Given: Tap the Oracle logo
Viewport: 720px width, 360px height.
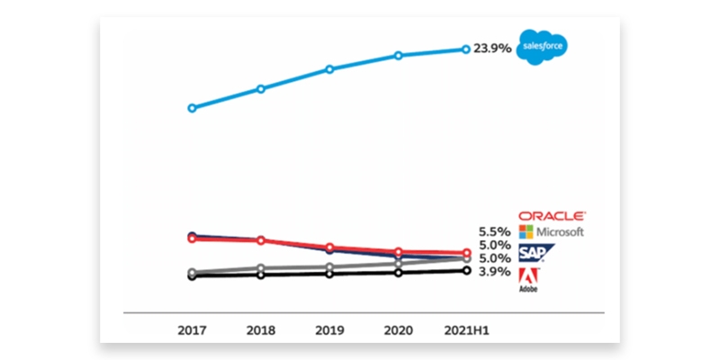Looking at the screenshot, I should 553,216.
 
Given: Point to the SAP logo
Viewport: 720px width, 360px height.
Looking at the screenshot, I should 537,253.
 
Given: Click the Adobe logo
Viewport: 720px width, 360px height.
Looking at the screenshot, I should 529,279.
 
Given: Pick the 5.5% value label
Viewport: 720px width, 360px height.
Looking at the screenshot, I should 494,231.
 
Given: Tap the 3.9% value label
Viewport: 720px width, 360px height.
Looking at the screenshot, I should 494,271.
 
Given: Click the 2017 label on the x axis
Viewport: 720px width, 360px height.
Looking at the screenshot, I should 192,330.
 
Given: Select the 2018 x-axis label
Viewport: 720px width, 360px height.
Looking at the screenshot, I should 260,330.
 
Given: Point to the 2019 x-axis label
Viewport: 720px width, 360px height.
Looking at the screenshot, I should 329,330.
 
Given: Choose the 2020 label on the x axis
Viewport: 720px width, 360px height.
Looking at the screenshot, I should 398,330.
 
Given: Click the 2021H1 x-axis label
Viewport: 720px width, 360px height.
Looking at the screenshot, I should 466,330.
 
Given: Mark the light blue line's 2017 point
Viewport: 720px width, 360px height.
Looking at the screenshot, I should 192,108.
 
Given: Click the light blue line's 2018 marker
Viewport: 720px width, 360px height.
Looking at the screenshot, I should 260,89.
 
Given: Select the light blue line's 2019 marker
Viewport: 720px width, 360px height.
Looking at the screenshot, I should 329,68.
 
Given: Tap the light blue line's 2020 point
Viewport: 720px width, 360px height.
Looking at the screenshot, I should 398,56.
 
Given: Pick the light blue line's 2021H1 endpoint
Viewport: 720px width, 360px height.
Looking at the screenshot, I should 466,49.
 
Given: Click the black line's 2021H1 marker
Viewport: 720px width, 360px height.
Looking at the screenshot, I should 466,270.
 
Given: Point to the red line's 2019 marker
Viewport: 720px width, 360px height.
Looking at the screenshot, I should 329,247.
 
